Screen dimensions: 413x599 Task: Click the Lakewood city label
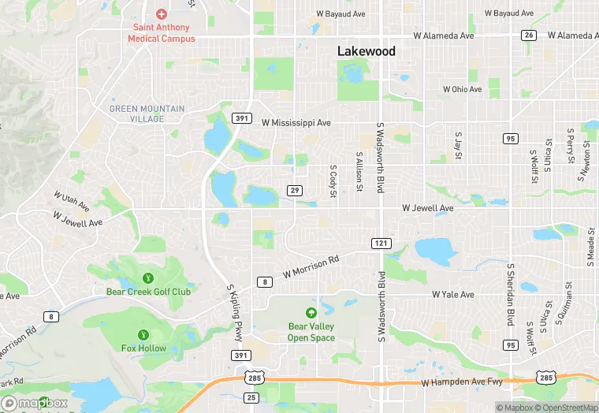coord(366,51)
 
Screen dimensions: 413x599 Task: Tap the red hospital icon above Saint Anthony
coord(162,13)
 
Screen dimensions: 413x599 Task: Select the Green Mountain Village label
coord(147,113)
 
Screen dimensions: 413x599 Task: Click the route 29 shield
coord(295,191)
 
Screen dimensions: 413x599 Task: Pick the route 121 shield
coord(381,243)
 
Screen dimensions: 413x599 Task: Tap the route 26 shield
coord(529,35)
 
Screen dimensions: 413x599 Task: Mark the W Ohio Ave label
coord(462,89)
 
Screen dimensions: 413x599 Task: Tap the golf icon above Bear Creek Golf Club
coord(148,277)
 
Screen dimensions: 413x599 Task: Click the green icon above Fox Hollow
coord(143,335)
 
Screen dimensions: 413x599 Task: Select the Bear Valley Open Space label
coord(311,332)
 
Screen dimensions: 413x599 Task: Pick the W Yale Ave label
coord(452,294)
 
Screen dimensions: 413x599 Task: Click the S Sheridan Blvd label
coord(511,293)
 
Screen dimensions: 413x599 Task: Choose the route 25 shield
coord(251,397)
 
